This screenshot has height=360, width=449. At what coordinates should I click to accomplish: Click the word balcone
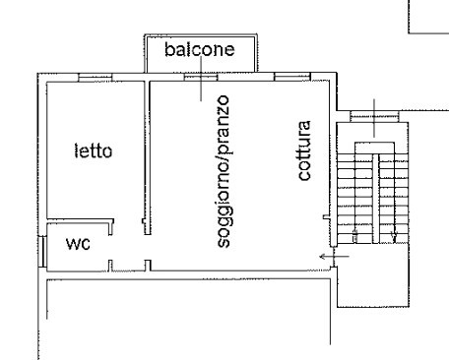pyautogui.click(x=200, y=49)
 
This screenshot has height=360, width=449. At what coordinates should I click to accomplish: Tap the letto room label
pyautogui.click(x=94, y=150)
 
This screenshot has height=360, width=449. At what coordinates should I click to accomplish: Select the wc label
pyautogui.click(x=78, y=244)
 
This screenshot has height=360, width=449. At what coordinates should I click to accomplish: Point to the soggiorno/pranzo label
pyautogui.click(x=224, y=171)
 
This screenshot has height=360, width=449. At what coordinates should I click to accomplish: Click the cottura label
pyautogui.click(x=304, y=150)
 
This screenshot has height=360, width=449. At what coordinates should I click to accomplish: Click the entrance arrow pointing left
pyautogui.click(x=335, y=257)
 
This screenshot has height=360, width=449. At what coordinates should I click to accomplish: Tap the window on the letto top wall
pyautogui.click(x=96, y=78)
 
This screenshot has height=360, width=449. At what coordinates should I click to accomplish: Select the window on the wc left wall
pyautogui.click(x=42, y=251)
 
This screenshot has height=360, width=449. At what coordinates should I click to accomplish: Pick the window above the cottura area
pyautogui.click(x=292, y=77)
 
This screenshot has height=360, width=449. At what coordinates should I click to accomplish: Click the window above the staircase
pyautogui.click(x=374, y=116)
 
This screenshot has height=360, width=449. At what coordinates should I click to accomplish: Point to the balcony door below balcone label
pyautogui.click(x=201, y=78)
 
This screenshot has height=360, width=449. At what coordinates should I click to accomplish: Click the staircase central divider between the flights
pyautogui.click(x=375, y=199)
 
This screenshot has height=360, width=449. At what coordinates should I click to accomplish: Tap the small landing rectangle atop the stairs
pyautogui.click(x=374, y=148)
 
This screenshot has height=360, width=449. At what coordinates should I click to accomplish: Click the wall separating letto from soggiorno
pyautogui.click(x=148, y=157)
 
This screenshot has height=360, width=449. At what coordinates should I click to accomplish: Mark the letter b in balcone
pyautogui.click(x=168, y=49)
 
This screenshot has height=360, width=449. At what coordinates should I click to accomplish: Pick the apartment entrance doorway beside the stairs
pyautogui.click(x=334, y=257)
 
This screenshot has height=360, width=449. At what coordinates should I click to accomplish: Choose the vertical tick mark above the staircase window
pyautogui.click(x=374, y=118)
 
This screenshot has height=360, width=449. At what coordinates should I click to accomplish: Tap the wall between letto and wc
pyautogui.click(x=81, y=220)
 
